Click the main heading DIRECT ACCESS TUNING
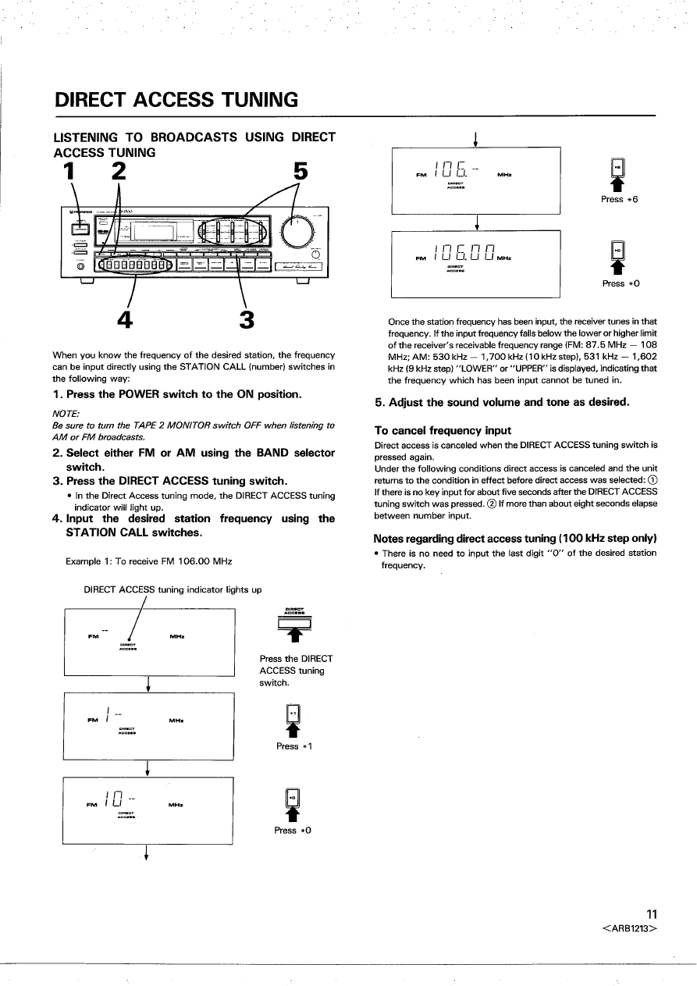[x=176, y=100]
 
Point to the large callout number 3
[x=247, y=320]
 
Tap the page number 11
[x=653, y=915]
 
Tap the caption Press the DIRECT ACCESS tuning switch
[x=296, y=671]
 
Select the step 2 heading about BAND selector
[x=194, y=460]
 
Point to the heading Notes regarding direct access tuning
[x=514, y=539]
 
